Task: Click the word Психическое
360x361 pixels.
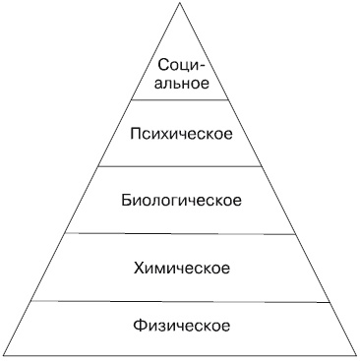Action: (x=181, y=132)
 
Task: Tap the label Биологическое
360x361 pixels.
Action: (x=181, y=200)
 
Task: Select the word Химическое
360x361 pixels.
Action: (x=181, y=267)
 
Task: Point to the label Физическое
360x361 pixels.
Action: (x=181, y=325)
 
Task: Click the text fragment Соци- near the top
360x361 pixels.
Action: (x=180, y=66)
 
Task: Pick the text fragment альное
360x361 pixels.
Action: (x=181, y=83)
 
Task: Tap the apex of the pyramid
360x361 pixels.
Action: (x=181, y=4)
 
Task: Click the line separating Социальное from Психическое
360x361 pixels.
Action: (x=181, y=101)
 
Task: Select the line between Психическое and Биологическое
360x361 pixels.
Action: (x=181, y=165)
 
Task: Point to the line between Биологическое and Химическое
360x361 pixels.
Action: (x=181, y=233)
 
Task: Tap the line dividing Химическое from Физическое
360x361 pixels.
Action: (x=181, y=301)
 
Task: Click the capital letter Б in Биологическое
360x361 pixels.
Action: (x=125, y=200)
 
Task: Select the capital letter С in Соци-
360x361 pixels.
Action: (x=163, y=66)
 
